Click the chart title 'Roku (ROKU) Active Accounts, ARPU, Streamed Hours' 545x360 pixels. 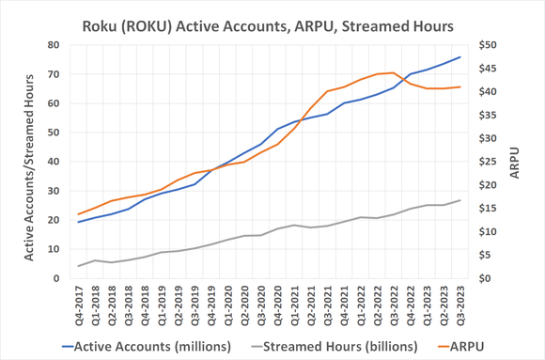click(272, 23)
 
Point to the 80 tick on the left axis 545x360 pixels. click(54, 45)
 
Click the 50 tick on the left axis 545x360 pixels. click(54, 133)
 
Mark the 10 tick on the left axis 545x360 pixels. click(54, 249)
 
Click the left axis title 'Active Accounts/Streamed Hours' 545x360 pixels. click(29, 162)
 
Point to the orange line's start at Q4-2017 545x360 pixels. click(79, 214)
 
